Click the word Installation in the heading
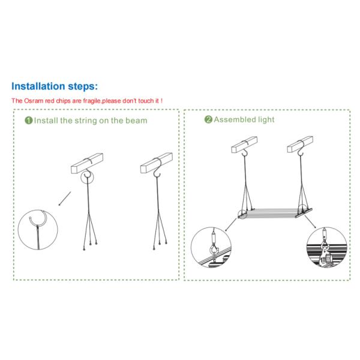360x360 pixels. (x=38, y=86)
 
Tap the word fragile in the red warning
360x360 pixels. (x=92, y=101)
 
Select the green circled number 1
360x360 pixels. (x=28, y=121)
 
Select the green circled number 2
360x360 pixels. (x=208, y=119)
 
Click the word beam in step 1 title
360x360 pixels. (x=136, y=121)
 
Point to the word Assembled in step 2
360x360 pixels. (x=235, y=119)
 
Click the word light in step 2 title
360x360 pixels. (x=266, y=119)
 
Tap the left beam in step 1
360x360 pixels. (x=87, y=163)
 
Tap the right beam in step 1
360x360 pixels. (x=157, y=163)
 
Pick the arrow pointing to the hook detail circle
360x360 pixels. (x=65, y=199)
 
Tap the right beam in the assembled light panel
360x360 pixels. (x=300, y=144)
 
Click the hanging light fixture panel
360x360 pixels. (x=275, y=213)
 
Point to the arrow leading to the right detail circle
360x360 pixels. (x=310, y=221)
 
